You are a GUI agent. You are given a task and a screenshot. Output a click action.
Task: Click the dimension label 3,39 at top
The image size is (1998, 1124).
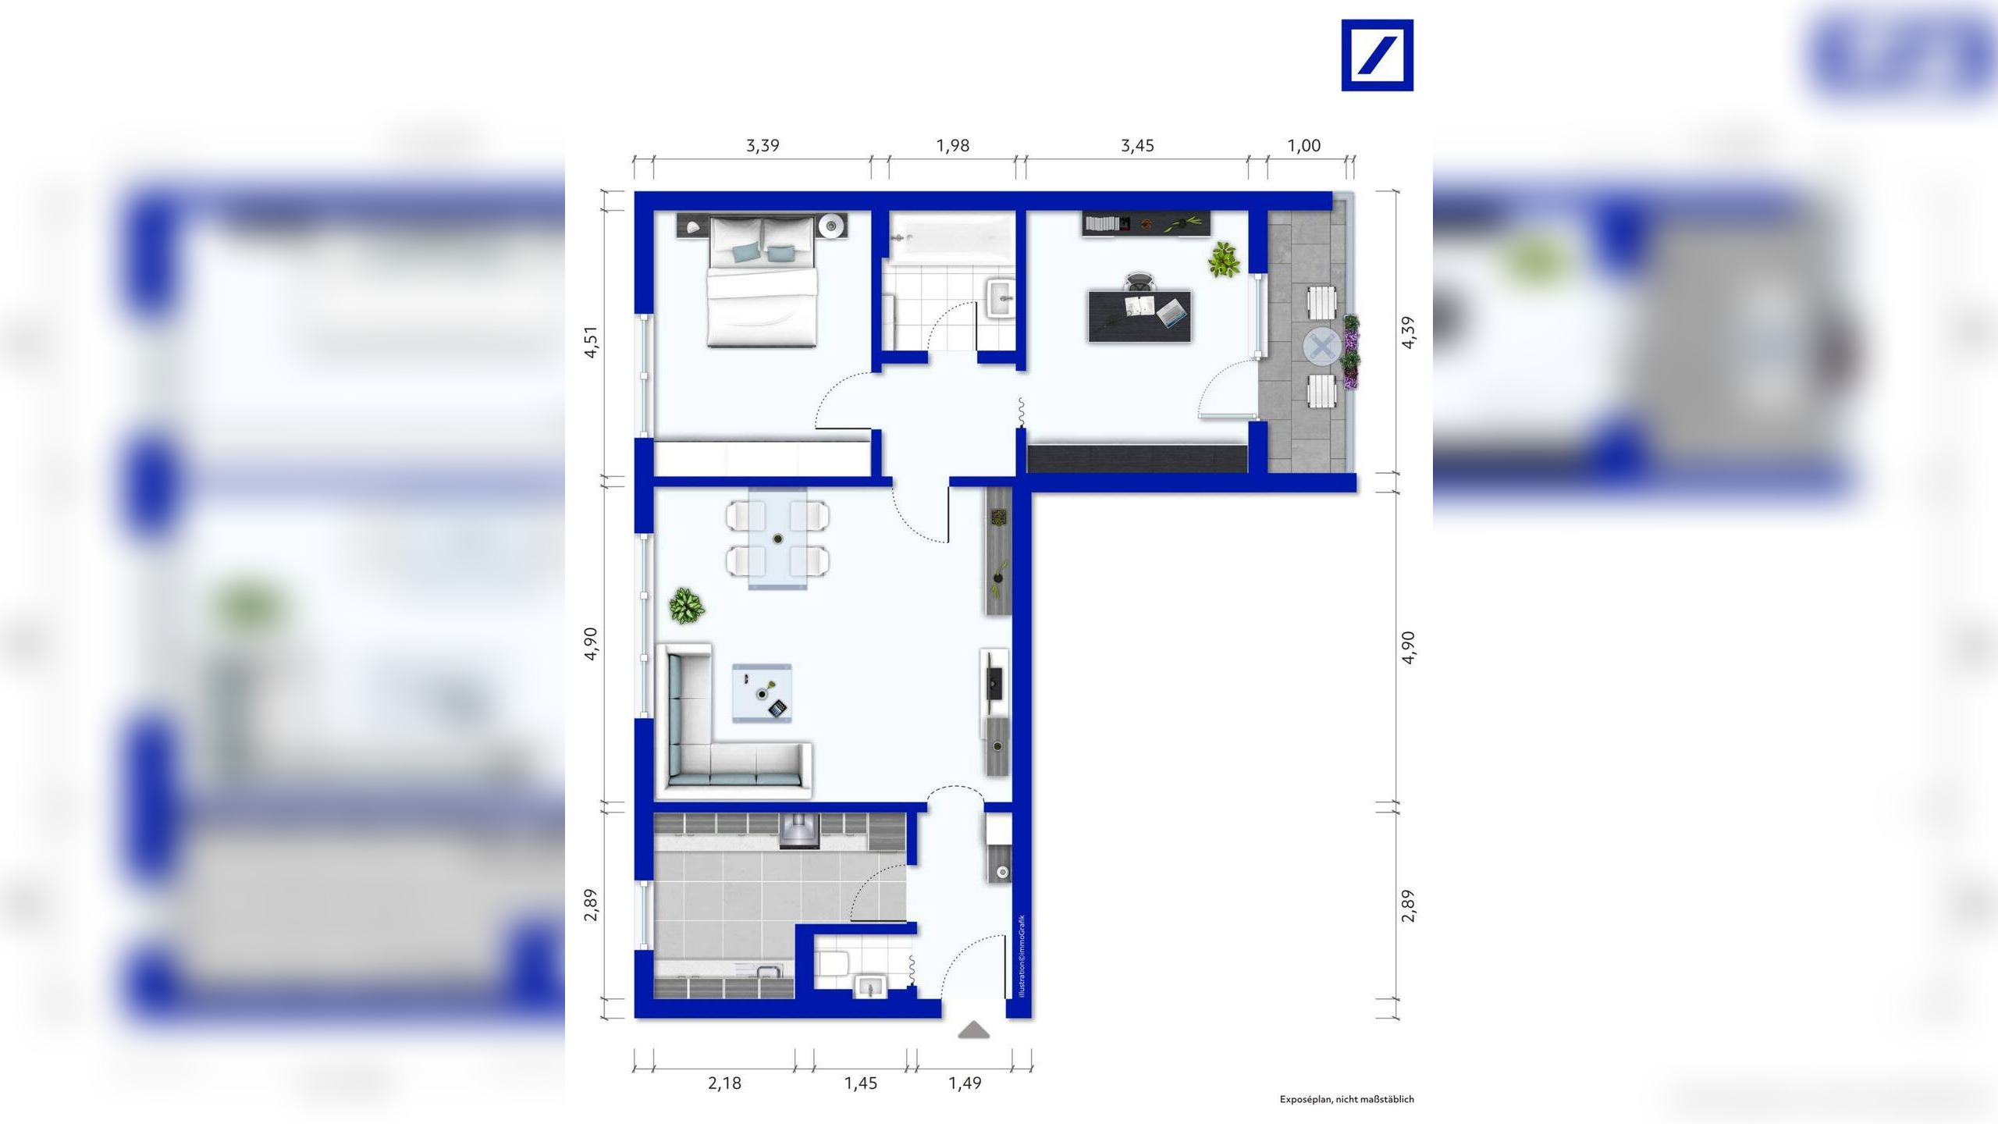click(763, 146)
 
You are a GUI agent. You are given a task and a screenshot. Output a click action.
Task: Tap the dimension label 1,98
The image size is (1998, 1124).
click(952, 146)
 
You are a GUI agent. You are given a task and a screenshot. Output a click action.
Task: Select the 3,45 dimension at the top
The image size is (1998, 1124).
click(1137, 146)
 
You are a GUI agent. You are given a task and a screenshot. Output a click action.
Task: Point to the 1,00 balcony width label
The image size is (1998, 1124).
click(1303, 146)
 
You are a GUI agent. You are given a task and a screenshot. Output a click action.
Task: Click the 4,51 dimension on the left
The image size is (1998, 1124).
click(592, 342)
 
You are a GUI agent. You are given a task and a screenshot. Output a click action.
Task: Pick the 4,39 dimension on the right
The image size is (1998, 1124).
click(1408, 332)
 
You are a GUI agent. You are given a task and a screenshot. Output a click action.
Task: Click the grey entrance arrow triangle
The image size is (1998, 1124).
click(974, 1031)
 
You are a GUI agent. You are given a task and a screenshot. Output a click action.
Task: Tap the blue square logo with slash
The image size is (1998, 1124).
click(1377, 55)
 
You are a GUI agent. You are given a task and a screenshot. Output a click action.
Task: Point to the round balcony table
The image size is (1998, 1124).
click(1321, 347)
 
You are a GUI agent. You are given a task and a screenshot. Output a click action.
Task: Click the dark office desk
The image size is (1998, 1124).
click(1139, 316)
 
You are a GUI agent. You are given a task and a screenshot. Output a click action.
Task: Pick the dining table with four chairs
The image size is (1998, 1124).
click(778, 539)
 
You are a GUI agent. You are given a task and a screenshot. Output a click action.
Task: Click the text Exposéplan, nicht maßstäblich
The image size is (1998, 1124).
click(1346, 1099)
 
